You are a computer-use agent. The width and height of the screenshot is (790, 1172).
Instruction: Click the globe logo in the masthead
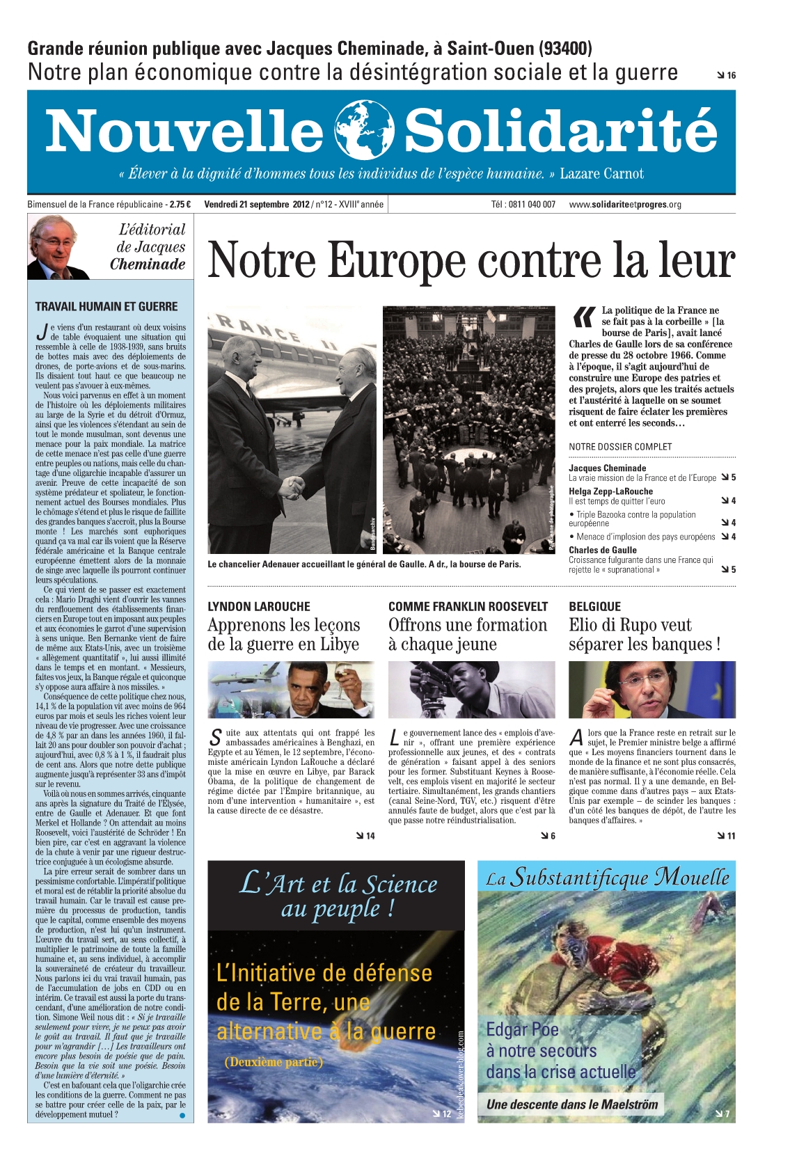click(x=364, y=130)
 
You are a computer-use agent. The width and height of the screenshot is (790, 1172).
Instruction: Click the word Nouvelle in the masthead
click(x=184, y=131)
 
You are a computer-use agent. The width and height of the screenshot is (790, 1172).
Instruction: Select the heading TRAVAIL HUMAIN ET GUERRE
click(x=106, y=306)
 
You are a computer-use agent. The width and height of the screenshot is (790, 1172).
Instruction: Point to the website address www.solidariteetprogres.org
click(x=624, y=205)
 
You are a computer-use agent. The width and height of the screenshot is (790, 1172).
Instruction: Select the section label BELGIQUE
click(x=594, y=606)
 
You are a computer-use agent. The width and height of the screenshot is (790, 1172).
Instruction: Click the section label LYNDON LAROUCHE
click(x=259, y=606)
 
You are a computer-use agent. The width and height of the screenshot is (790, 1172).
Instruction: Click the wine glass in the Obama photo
click(x=341, y=672)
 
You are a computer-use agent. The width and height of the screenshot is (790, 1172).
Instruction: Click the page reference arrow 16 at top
click(x=726, y=75)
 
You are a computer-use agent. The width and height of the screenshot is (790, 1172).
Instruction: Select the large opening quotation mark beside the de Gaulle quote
click(x=582, y=317)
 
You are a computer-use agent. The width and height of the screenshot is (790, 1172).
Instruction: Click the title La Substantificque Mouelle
click(x=607, y=878)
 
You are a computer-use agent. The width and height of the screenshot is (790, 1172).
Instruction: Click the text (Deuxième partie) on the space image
click(x=273, y=1062)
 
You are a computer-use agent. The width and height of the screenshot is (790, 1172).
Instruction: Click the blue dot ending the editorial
click(x=182, y=1115)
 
